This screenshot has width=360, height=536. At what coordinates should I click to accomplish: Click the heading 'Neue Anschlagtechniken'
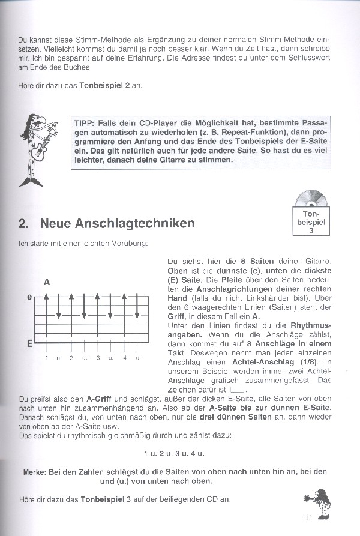coord(117,223)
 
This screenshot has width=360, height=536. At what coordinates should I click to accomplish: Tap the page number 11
coord(309,519)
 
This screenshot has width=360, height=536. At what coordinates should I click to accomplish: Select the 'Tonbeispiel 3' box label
coord(311,221)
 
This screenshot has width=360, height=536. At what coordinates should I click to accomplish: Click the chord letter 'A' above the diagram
coord(47,282)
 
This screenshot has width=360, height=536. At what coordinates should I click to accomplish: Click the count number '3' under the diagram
coord(98,358)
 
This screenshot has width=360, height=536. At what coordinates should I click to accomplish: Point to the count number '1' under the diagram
coord(46,358)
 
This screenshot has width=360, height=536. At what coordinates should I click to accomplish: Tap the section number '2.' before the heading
coord(23,223)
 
